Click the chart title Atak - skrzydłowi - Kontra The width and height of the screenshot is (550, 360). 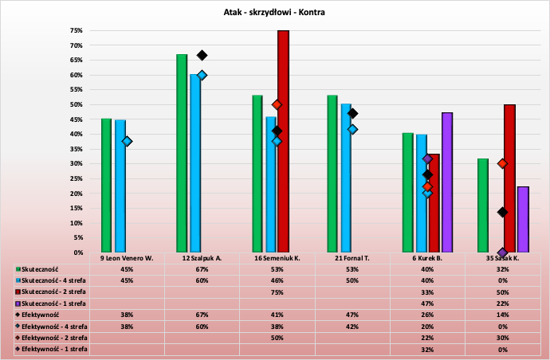coord(274,13)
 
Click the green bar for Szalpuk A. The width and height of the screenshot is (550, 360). coord(182,153)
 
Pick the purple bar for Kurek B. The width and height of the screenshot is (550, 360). coord(446,182)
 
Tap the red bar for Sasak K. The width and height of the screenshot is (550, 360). coord(509,178)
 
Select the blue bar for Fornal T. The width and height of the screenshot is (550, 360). coord(346,178)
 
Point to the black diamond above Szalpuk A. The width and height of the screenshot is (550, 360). coord(202,56)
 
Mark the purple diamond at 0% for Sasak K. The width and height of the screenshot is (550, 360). coord(502,252)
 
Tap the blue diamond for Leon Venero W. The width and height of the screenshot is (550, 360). coord(127,141)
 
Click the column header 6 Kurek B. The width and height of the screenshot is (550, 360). coord(428,259)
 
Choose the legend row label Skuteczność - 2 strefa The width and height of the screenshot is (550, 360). coord(53,292)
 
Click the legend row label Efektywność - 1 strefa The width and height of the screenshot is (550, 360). coord(54,349)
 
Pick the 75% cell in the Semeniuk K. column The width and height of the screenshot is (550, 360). coord(277,292)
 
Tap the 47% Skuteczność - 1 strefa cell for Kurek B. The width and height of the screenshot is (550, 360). coord(428,303)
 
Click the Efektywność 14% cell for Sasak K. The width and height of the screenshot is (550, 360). coord(503,315)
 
